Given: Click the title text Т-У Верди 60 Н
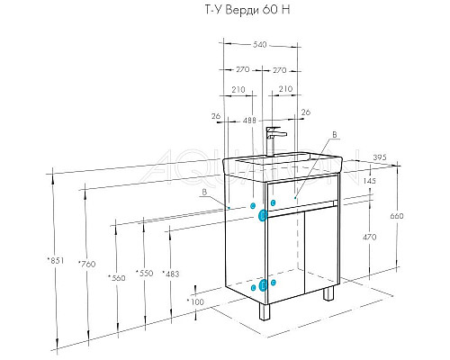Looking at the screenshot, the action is point(247,10).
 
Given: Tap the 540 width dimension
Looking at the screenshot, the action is point(260,45).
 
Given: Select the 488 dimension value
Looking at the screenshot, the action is point(249,121).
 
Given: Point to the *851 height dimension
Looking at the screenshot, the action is point(56,260).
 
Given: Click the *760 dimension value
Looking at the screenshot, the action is point(87,264).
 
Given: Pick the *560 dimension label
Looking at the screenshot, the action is point(117,278).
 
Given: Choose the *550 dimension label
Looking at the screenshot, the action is point(145,273).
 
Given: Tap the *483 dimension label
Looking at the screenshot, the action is point(171,274).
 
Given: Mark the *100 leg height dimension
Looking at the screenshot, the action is point(195,301).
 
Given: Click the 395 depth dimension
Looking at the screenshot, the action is point(380,157).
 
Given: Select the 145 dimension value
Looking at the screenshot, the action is point(369,181).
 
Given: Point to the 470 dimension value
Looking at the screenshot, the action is point(369,237).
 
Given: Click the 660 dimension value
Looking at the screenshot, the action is point(397,216).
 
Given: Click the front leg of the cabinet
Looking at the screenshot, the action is point(265,311).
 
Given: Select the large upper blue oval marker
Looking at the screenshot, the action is point(263,215).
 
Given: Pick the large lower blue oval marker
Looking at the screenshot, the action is point(263,285).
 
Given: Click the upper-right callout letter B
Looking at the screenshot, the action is point(335,135).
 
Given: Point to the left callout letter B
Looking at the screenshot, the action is point(204,193).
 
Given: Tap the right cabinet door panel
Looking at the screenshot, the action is point(321,250).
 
